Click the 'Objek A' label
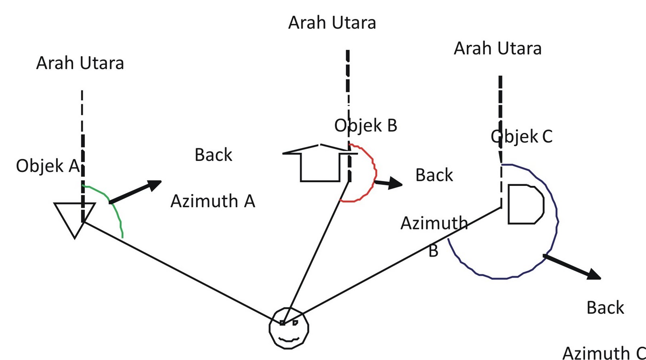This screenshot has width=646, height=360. [x=48, y=166]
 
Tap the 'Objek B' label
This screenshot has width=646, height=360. [x=366, y=126]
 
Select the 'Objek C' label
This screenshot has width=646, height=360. [x=521, y=136]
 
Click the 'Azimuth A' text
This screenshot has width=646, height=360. [x=213, y=201]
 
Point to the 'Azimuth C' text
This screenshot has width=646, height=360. [x=604, y=353]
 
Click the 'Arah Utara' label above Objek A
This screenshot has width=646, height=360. [x=80, y=63]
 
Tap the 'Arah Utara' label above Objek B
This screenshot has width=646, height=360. [x=332, y=23]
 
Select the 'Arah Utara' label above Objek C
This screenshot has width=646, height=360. [x=497, y=48]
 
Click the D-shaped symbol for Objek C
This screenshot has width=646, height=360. [x=526, y=204]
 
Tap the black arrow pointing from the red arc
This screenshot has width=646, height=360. [x=388, y=183]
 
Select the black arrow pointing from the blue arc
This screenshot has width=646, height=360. [x=572, y=267]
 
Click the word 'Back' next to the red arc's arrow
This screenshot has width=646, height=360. [x=434, y=175]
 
